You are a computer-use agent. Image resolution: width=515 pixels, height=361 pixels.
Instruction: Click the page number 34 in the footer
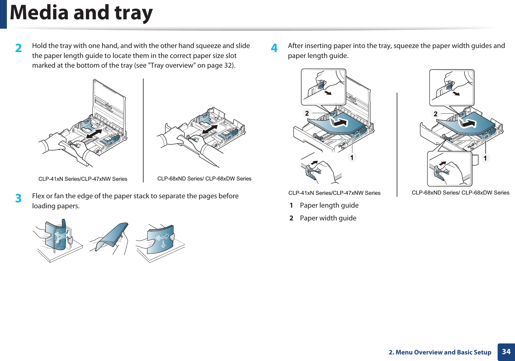click(506, 352)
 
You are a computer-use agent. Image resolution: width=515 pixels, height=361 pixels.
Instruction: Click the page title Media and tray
click(81, 13)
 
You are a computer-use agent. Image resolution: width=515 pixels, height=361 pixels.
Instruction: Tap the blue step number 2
click(19, 48)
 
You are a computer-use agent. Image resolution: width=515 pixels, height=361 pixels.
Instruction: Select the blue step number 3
click(19, 198)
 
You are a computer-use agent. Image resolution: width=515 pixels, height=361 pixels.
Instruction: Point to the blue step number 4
click(274, 48)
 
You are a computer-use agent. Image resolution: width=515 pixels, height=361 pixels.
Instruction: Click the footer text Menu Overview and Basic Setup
click(443, 352)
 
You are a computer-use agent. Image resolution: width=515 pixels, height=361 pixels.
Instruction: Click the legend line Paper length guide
click(329, 205)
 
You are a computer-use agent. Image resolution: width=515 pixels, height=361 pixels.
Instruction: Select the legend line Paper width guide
click(328, 218)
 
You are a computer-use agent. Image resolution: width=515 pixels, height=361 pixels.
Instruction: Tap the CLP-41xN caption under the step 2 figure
click(83, 179)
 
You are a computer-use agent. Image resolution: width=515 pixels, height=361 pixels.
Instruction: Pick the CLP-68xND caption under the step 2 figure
click(204, 179)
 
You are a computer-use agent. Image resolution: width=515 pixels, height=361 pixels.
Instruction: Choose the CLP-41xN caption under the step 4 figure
click(334, 193)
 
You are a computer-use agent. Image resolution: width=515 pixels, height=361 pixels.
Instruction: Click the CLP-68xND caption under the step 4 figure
click(460, 193)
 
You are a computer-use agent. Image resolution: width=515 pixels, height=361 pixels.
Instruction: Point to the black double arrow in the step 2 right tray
click(210, 129)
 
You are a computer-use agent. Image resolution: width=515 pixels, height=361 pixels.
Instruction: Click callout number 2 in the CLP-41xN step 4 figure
click(307, 113)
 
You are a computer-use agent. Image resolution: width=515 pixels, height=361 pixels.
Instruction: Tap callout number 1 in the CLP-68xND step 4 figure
click(485, 158)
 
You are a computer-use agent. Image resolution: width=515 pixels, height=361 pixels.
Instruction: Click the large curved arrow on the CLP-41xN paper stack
click(339, 122)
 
